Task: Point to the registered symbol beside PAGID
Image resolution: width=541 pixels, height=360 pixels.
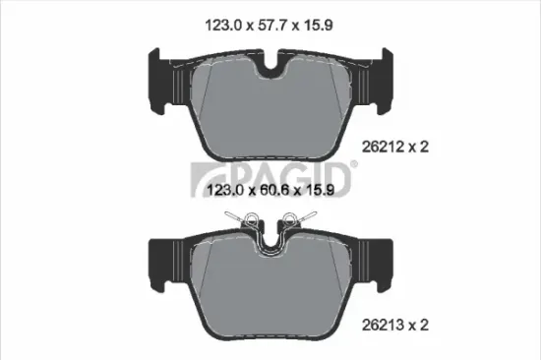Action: point(353,162)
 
